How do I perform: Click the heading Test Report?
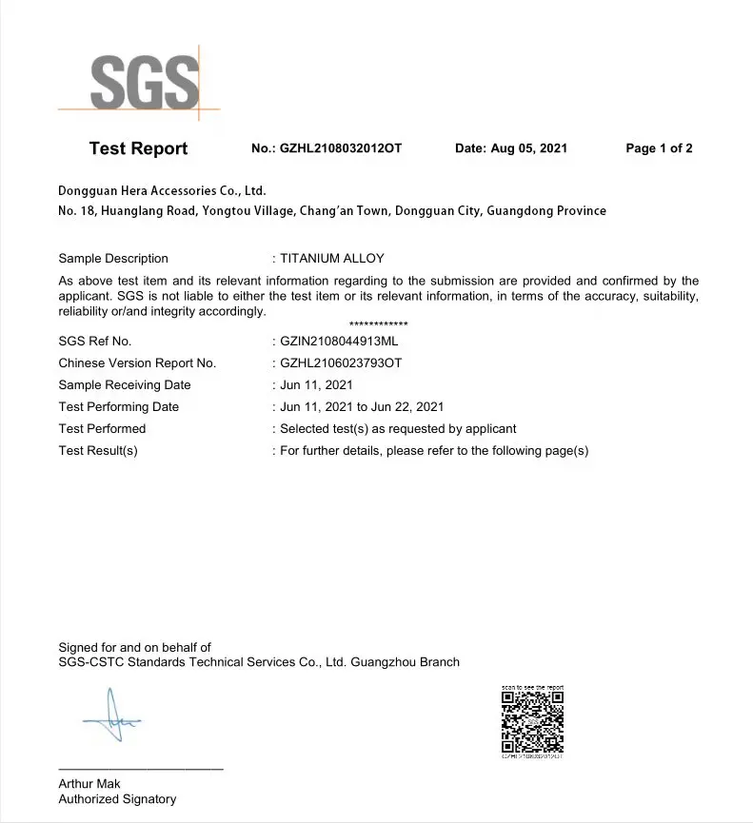[x=138, y=148]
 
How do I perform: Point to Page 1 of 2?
[x=659, y=148]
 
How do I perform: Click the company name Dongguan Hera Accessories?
[x=162, y=190]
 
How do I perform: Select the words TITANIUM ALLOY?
[x=332, y=258]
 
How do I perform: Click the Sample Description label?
[x=113, y=258]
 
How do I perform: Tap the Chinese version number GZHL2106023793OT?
[x=342, y=363]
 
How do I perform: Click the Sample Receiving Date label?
[x=125, y=384]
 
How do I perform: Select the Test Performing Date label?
[x=119, y=406]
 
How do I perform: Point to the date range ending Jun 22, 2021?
[x=362, y=406]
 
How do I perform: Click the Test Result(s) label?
[x=98, y=450]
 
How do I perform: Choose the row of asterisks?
[x=378, y=324]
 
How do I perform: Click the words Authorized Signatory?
[x=117, y=799]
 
